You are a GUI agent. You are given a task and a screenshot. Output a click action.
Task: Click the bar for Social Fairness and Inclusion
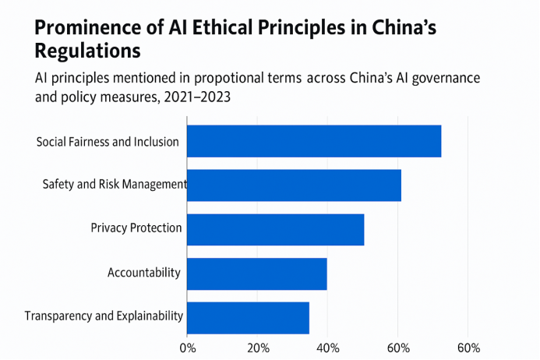(314, 141)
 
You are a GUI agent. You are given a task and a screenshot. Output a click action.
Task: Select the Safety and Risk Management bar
(294, 185)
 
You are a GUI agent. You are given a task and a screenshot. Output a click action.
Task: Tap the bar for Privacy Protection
(275, 228)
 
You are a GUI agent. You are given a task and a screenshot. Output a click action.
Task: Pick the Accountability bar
(256, 273)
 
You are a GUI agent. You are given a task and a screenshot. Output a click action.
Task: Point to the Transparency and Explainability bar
(248, 317)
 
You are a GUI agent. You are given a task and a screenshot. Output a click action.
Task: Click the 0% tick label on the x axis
(188, 347)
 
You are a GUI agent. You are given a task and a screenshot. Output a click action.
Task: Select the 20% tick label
(258, 347)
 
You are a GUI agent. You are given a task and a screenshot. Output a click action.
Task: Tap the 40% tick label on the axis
(327, 347)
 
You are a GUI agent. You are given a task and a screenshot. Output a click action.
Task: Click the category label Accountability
(144, 273)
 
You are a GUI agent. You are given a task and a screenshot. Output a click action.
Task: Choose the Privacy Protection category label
(136, 228)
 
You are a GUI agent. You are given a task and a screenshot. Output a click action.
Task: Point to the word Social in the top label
(52, 142)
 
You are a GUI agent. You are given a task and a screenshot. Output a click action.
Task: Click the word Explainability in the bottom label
(149, 316)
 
